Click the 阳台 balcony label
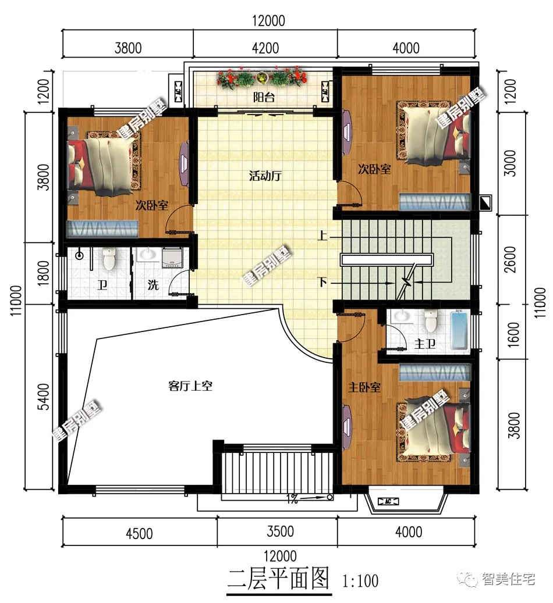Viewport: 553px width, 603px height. point(264,97)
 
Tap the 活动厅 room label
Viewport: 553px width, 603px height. point(265,176)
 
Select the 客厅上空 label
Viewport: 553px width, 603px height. point(190,386)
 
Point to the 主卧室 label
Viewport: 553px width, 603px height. point(364,387)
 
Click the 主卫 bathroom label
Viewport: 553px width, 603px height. point(425,343)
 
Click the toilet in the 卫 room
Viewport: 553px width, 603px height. point(109,258)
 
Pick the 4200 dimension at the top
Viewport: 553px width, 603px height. point(265,48)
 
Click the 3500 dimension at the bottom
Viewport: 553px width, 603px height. point(281,531)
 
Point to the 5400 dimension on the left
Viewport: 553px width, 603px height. point(44,397)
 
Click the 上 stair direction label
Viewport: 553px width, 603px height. point(322,235)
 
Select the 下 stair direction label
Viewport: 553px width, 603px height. point(322,282)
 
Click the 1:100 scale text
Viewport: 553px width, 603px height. point(360,581)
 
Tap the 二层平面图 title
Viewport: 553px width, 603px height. point(278,579)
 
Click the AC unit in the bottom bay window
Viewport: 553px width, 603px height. point(388,501)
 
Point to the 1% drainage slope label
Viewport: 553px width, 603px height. point(292,499)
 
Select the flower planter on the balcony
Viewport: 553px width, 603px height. point(262,78)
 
